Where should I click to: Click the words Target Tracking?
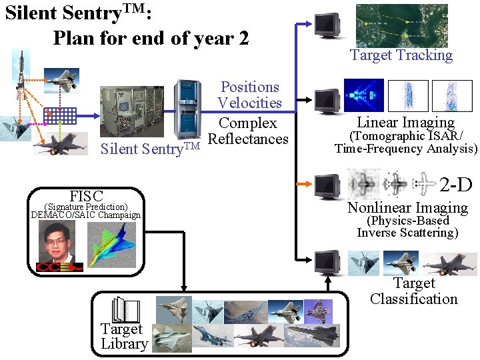(401, 55)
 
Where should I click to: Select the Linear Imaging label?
(405, 122)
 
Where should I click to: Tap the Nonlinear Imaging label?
(407, 207)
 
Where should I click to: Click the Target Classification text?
(413, 291)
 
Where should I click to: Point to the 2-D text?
(455, 184)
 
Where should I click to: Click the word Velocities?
(250, 103)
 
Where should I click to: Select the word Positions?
(250, 87)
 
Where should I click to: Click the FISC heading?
(86, 196)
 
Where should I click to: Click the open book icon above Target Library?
(125, 311)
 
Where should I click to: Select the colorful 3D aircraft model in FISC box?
(111, 246)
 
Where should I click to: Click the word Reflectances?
(248, 139)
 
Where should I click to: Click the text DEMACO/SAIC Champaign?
(86, 215)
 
